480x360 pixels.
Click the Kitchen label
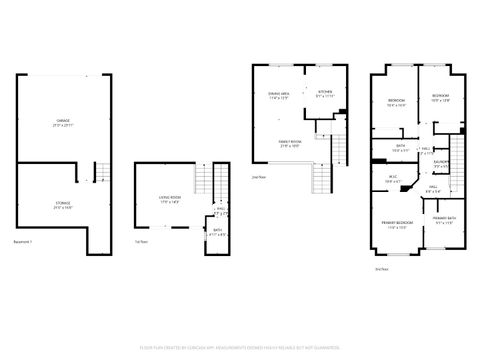[325, 91]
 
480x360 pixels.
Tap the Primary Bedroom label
[397, 221]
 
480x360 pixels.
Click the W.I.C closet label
[392, 177]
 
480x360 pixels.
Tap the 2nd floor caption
[258, 176]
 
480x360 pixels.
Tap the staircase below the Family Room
[323, 179]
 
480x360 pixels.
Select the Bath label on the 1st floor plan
[217, 231]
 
